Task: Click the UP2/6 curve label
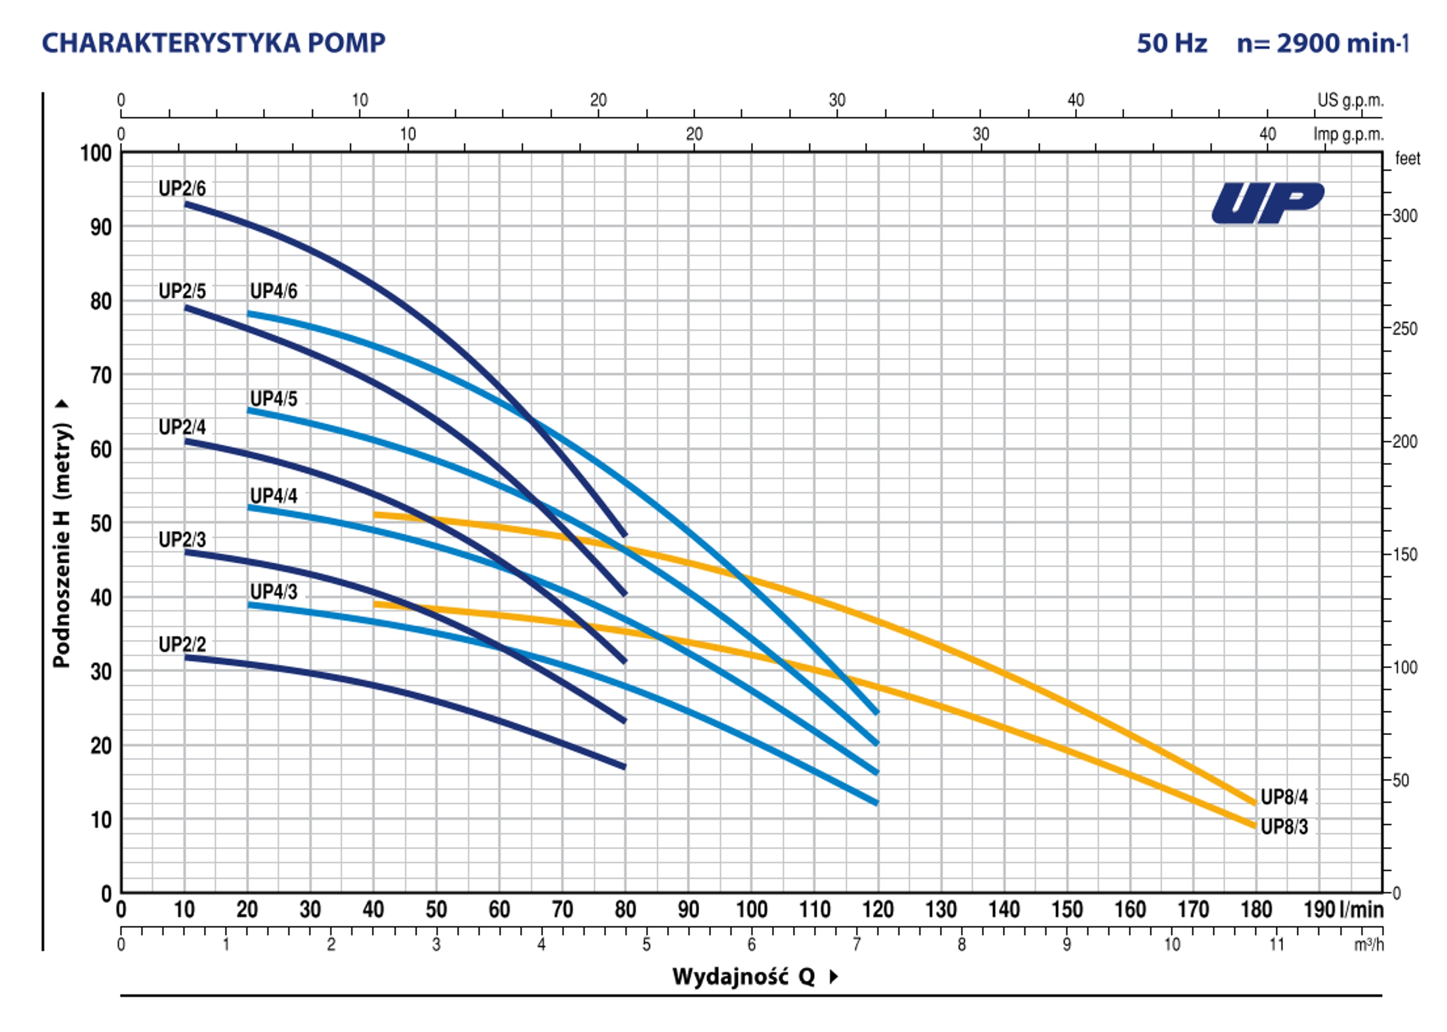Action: (182, 189)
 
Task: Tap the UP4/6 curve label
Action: (274, 291)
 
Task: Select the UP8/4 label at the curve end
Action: (1284, 797)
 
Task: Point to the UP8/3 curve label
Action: (1284, 827)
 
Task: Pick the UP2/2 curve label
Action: (182, 645)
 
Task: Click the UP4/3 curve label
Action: (274, 591)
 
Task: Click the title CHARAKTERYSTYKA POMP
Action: (214, 43)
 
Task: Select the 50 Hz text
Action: (1171, 43)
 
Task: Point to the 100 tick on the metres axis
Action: (96, 153)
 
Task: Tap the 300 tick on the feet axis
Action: (1405, 216)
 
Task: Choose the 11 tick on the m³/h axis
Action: (1277, 945)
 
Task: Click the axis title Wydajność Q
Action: (744, 977)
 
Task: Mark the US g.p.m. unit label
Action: (1350, 101)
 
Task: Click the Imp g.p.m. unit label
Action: (1348, 134)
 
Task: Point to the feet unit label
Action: (1407, 159)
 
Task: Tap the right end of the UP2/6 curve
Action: (625, 535)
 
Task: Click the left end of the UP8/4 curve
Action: (376, 515)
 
